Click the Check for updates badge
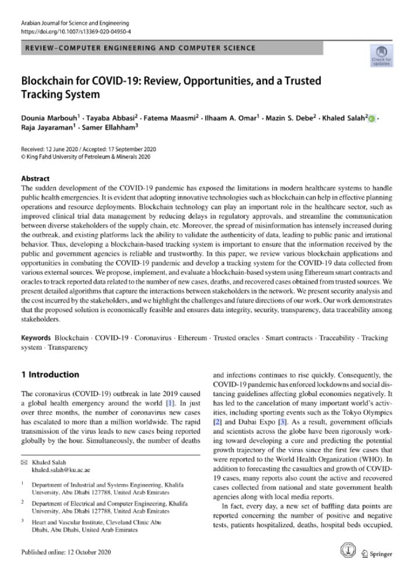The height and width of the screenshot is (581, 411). point(381,55)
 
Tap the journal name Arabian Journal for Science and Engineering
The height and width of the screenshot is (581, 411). point(72,21)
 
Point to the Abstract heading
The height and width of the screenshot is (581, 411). point(35,179)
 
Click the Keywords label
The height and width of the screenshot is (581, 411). point(36,338)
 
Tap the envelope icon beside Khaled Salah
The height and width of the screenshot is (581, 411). point(24,461)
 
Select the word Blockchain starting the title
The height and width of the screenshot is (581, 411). point(49,80)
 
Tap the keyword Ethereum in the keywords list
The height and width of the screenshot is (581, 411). point(192,338)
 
